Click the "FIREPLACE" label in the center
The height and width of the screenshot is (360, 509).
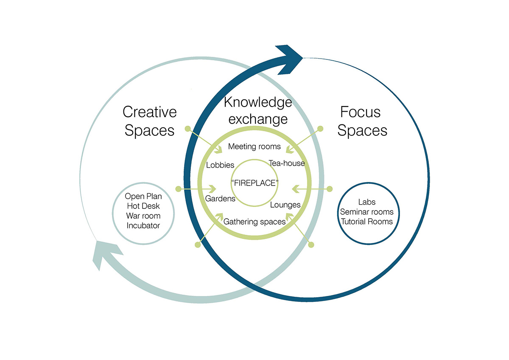255,183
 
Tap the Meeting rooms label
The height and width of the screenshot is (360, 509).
255,146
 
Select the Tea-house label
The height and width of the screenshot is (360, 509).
287,163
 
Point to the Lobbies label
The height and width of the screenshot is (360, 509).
220,165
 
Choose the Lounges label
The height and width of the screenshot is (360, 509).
285,205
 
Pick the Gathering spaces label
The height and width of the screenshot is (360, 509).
255,221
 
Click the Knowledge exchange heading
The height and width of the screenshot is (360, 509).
258,110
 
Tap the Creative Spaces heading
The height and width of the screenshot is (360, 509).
149,121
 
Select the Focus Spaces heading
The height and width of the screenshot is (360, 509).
362,121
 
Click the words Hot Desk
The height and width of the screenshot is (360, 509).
143,206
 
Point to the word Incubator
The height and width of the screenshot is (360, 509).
143,225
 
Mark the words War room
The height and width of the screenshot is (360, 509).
143,216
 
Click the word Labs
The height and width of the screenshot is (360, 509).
366,202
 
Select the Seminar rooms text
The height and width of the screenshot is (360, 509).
366,211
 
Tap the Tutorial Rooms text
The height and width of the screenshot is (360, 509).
366,221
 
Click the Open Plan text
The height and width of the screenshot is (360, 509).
143,197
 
